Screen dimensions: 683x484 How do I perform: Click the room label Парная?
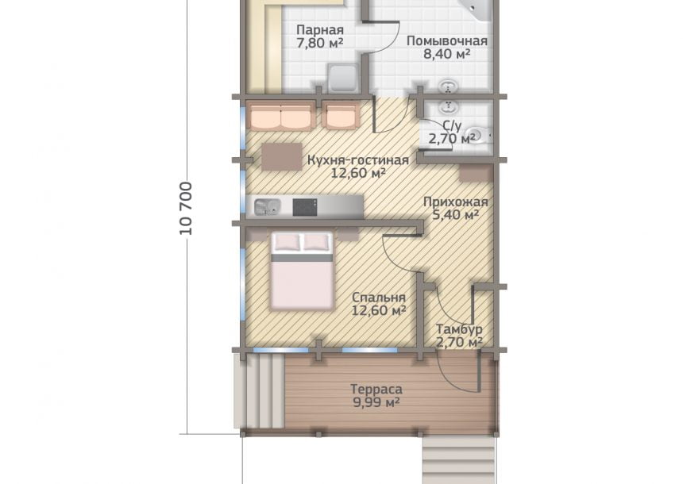pyautogui.click(x=320, y=30)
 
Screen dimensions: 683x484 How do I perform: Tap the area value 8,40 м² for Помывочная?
pyautogui.click(x=446, y=54)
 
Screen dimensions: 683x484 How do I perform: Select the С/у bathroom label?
pyautogui.click(x=452, y=126)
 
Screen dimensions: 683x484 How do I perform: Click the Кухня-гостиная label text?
pyautogui.click(x=358, y=160)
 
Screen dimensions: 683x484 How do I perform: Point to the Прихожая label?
pyautogui.click(x=456, y=202)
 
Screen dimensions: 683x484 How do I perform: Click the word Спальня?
pyautogui.click(x=379, y=298)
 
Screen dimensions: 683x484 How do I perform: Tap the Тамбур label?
pyautogui.click(x=459, y=329)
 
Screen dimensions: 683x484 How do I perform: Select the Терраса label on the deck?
pyautogui.click(x=376, y=389)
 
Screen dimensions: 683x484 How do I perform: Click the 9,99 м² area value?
pyautogui.click(x=376, y=402)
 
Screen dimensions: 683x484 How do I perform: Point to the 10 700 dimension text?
pyautogui.click(x=186, y=209)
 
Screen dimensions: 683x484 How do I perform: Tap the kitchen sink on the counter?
pyautogui.click(x=267, y=207)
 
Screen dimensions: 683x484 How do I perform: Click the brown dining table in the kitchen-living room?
pyautogui.click(x=282, y=156)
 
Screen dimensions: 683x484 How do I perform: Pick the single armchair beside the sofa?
pyautogui.click(x=343, y=115)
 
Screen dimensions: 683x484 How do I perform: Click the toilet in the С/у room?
pyautogui.click(x=477, y=136)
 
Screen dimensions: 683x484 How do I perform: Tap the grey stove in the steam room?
pyautogui.click(x=344, y=79)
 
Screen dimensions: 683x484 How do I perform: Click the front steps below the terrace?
pyautogui.click(x=459, y=460)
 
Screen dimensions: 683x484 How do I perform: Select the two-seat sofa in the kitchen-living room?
pyautogui.click(x=281, y=116)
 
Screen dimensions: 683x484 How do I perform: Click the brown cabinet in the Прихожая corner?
pyautogui.click(x=475, y=173)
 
